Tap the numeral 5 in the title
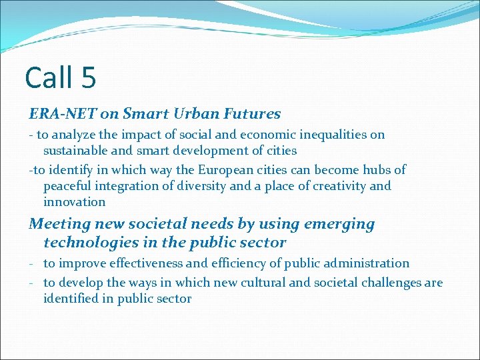click(89, 77)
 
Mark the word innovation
click(74, 201)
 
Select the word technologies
click(88, 243)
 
